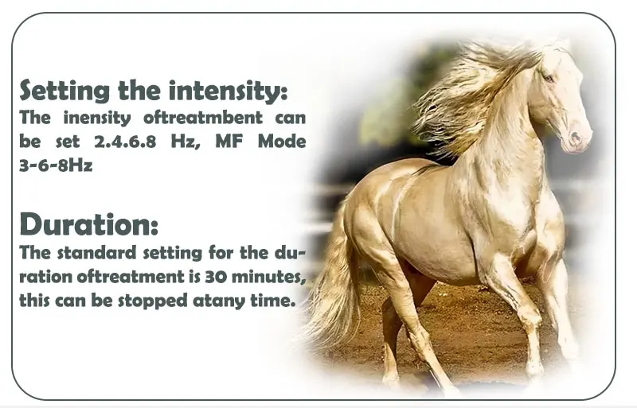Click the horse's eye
click(x=549, y=78)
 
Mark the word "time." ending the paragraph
click(x=275, y=302)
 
